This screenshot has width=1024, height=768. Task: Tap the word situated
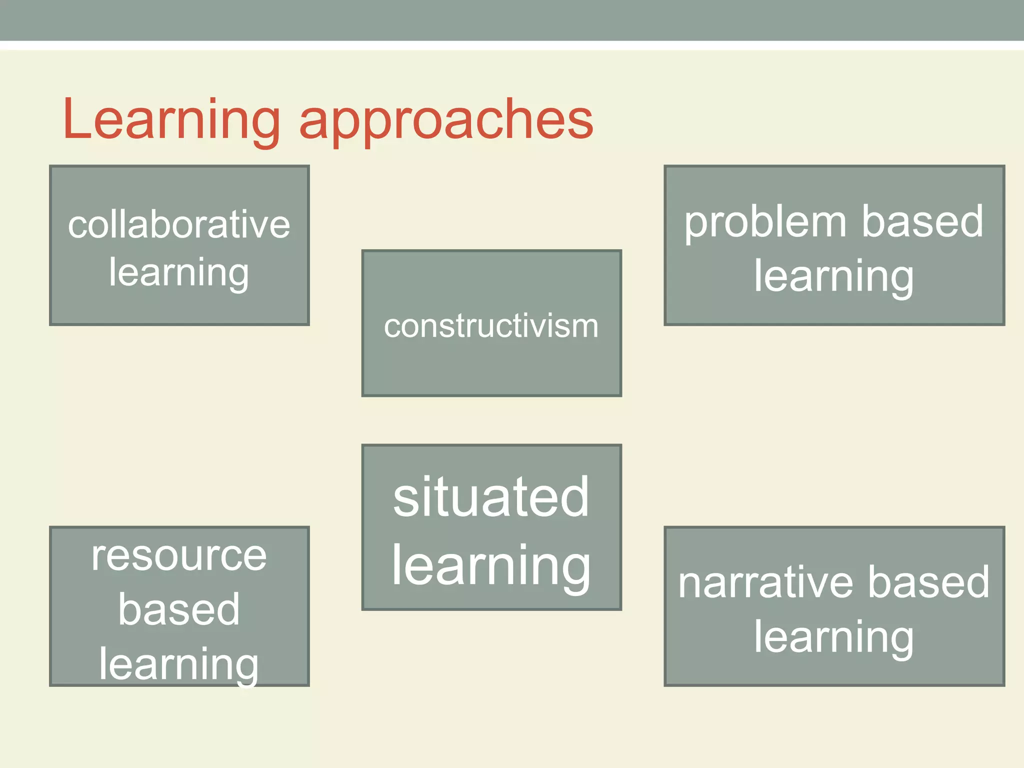click(491, 497)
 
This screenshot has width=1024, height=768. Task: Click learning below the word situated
click(491, 566)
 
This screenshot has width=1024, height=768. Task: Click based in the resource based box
click(179, 609)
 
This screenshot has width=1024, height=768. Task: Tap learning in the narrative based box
click(834, 637)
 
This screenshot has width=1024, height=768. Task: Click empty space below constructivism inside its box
click(491, 370)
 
